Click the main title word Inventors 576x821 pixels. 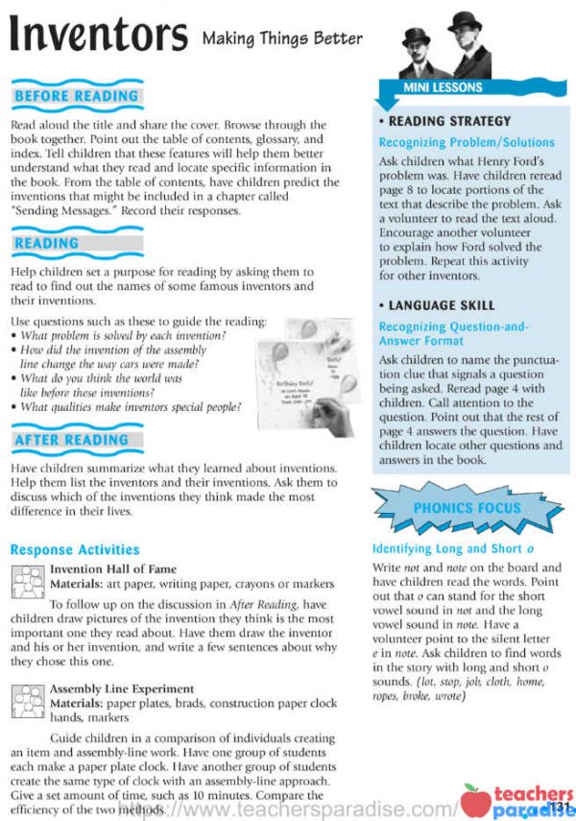pyautogui.click(x=98, y=36)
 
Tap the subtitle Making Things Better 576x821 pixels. pyautogui.click(x=282, y=39)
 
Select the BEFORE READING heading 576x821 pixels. pyautogui.click(x=77, y=97)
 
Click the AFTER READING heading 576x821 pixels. pyautogui.click(x=72, y=440)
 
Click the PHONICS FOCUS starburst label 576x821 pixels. pyautogui.click(x=467, y=508)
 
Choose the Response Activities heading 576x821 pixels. pyautogui.click(x=75, y=550)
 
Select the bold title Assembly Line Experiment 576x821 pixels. pyautogui.click(x=121, y=688)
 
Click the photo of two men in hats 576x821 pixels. pyautogui.click(x=444, y=45)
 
